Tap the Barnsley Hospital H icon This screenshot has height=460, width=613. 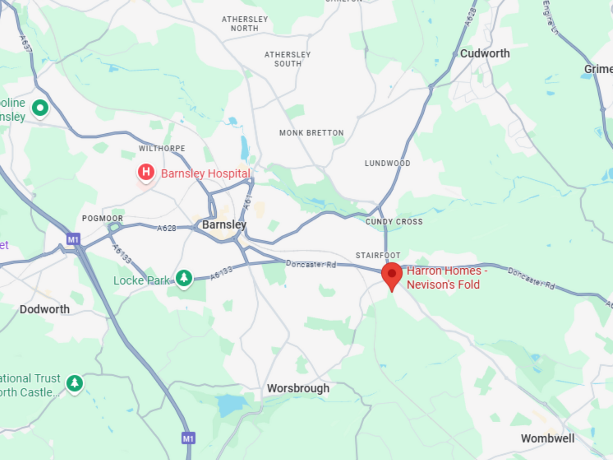pyautogui.click(x=146, y=172)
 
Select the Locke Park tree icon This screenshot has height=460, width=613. pyautogui.click(x=184, y=278)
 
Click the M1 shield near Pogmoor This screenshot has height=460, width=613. pyautogui.click(x=73, y=239)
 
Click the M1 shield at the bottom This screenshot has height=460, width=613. pyautogui.click(x=188, y=438)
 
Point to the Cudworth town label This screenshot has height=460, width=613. pyautogui.click(x=485, y=54)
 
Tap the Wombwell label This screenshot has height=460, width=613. pyautogui.click(x=547, y=438)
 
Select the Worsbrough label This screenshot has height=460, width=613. pyautogui.click(x=298, y=388)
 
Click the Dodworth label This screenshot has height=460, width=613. pyautogui.click(x=45, y=309)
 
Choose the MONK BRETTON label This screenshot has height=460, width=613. pyautogui.click(x=311, y=133)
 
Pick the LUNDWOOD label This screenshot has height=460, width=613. pyautogui.click(x=387, y=163)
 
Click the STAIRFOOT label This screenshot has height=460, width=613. pyautogui.click(x=378, y=255)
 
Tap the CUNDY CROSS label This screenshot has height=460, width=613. pyautogui.click(x=394, y=222)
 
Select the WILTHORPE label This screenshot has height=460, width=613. pyautogui.click(x=162, y=148)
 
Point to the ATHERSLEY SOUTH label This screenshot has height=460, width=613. pyautogui.click(x=287, y=59)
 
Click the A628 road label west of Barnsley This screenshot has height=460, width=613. pyautogui.click(x=166, y=228)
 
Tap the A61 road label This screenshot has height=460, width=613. pyautogui.click(x=248, y=202)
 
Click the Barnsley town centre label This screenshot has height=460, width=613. pyautogui.click(x=224, y=224)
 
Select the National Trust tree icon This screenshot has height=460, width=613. pyautogui.click(x=75, y=383)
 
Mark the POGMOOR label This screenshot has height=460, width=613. pyautogui.click(x=102, y=218)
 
